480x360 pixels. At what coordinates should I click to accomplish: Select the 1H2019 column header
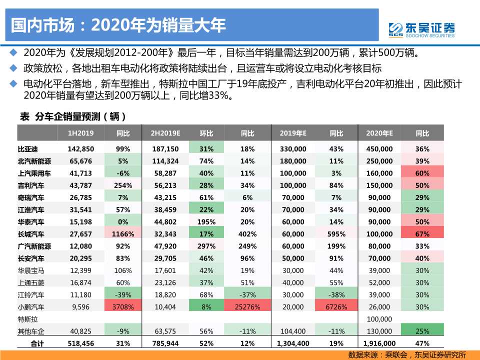pyautogui.click(x=81, y=133)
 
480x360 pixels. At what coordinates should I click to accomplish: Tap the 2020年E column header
pyautogui.click(x=379, y=133)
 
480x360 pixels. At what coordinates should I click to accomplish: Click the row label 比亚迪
pyautogui.click(x=28, y=149)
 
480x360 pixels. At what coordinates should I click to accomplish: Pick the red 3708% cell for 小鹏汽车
pyautogui.click(x=123, y=307)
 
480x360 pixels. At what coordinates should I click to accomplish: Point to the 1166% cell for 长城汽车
pyautogui.click(x=123, y=234)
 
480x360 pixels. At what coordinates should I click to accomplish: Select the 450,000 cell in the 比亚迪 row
pyautogui.click(x=379, y=149)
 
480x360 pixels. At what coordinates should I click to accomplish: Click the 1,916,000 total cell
pyautogui.click(x=379, y=343)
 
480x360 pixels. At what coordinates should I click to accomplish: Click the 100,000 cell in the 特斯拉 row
pyautogui.click(x=379, y=319)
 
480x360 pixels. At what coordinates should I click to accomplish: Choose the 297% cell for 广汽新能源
pyautogui.click(x=206, y=246)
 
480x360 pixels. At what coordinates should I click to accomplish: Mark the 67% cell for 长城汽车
pyautogui.click(x=422, y=234)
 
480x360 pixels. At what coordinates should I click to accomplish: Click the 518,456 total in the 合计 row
pyautogui.click(x=81, y=343)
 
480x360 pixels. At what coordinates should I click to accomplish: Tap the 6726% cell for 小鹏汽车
pyautogui.click(x=336, y=307)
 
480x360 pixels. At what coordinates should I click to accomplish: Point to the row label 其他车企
pyautogui.click(x=31, y=331)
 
